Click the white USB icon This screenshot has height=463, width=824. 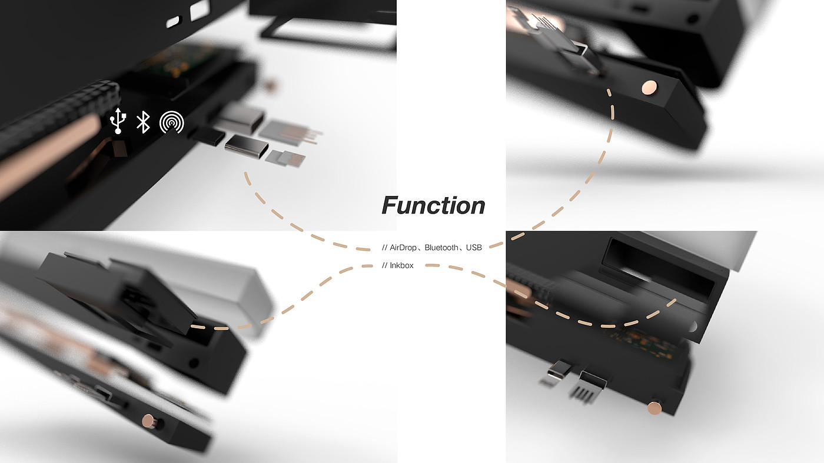(x=118, y=121)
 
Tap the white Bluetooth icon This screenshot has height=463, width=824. (x=143, y=122)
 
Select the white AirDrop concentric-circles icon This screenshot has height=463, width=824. (x=171, y=122)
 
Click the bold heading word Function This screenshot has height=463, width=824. (x=433, y=205)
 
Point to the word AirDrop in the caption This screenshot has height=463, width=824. (x=403, y=248)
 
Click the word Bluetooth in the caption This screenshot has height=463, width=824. (x=441, y=248)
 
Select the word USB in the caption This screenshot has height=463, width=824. (x=474, y=248)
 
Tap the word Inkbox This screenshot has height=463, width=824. (x=401, y=265)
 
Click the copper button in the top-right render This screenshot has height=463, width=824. (x=649, y=88)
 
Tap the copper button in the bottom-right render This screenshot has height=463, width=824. (x=654, y=408)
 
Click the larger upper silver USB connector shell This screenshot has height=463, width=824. (x=241, y=117)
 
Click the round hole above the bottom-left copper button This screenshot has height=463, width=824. (x=193, y=363)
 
